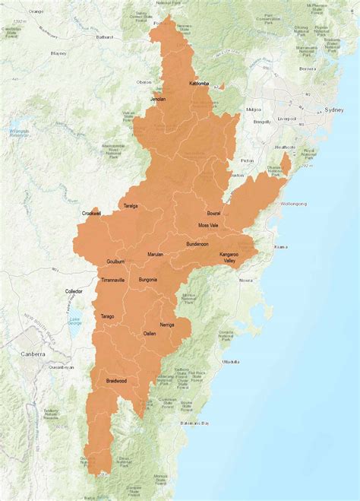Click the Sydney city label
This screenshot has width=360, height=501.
pyautogui.click(x=334, y=109)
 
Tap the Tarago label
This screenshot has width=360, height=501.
pyautogui.click(x=108, y=316)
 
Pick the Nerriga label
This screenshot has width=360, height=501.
pyautogui.click(x=166, y=325)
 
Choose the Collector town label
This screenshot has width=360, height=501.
pyautogui.click(x=74, y=291)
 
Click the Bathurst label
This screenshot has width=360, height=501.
pyautogui.click(x=104, y=36)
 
